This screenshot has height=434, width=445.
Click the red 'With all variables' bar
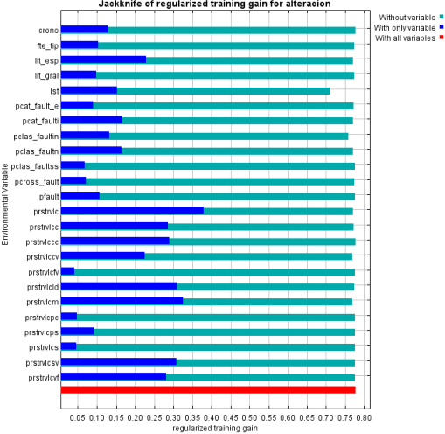[x=208, y=390]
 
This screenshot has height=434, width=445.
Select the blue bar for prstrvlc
[x=132, y=210]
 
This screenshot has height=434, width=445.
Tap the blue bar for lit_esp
[x=103, y=59]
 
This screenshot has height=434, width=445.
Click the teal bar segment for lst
[x=223, y=91]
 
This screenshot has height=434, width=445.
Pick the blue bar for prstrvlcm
[x=122, y=301]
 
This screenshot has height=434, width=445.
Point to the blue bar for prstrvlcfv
[x=67, y=271]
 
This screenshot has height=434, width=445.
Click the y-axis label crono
[x=49, y=31]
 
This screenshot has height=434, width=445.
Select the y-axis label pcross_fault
[x=37, y=182]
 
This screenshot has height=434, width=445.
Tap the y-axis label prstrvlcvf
[x=44, y=378]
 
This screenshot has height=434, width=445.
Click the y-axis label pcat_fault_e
[x=37, y=106]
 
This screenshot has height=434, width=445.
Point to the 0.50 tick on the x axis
[x=249, y=418]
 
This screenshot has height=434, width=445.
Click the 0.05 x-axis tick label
[x=78, y=418]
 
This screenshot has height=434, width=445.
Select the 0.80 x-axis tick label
[x=364, y=418]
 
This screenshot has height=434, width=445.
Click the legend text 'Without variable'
[x=407, y=17]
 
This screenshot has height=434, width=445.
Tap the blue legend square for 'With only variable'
[x=442, y=27]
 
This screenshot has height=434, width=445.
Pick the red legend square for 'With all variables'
[x=442, y=37]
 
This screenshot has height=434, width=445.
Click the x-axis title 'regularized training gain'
[x=215, y=429]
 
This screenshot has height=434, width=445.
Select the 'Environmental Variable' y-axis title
[x=5, y=204]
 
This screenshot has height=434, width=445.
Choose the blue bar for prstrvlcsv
[x=119, y=362]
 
